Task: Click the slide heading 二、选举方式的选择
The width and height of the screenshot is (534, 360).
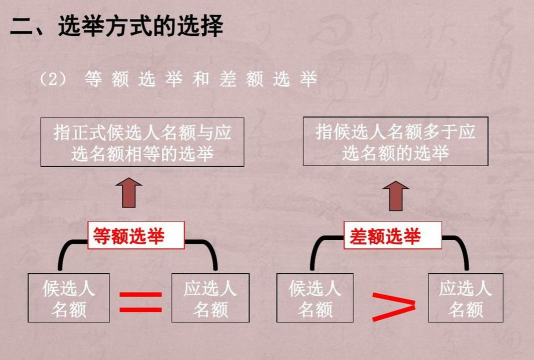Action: click(116, 28)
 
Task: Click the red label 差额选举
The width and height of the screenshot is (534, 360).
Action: click(383, 236)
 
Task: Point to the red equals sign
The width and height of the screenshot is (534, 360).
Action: click(140, 300)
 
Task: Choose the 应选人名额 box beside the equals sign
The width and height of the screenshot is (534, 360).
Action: click(209, 298)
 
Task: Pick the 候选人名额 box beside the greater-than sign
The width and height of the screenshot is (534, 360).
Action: click(315, 298)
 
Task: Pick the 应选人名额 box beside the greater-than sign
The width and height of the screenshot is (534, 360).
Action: click(466, 298)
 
